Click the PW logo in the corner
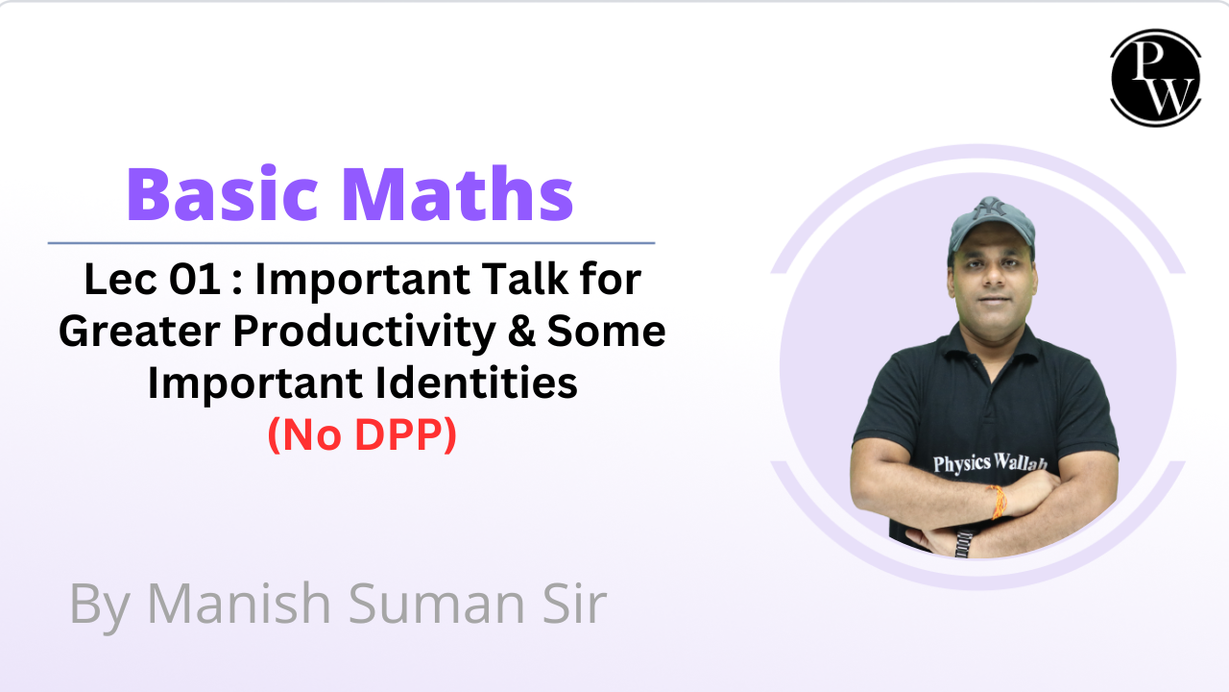[x=1155, y=78]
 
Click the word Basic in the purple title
[x=222, y=195]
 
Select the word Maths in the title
[x=458, y=194]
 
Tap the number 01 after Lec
[x=195, y=279]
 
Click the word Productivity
[x=364, y=333]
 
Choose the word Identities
[x=476, y=383]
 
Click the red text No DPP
[x=362, y=434]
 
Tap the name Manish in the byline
[x=239, y=604]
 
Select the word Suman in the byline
[x=437, y=604]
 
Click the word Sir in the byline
[x=574, y=603]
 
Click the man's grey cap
[x=991, y=226]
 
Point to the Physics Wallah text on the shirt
[x=990, y=463]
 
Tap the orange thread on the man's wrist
[x=998, y=502]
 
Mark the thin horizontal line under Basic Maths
[x=351, y=242]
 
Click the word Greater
[x=139, y=332]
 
